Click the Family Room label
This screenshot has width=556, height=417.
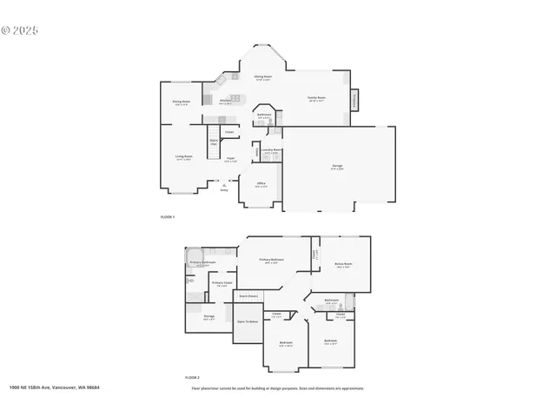coord(316,98)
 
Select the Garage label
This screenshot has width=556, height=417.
coord(337,166)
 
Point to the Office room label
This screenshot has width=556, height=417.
coord(261,184)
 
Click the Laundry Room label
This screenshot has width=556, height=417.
coord(272,150)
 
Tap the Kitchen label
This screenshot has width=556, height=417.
coord(224,102)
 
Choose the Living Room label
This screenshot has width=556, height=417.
coord(183,158)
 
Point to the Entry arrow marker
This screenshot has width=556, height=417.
coord(225,185)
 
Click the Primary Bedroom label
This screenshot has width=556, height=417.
coord(272,260)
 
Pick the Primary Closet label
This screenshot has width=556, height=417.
coord(221,283)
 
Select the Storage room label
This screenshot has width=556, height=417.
coord(209,317)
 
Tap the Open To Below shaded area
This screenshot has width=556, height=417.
coord(248,322)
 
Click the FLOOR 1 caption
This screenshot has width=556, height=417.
coord(168,215)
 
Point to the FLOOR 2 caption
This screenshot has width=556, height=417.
coord(192,378)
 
